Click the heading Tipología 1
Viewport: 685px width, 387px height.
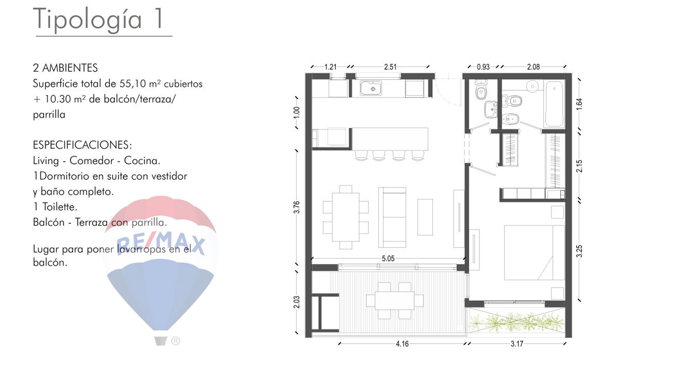click(98, 20)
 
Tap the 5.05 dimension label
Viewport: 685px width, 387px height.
click(388, 259)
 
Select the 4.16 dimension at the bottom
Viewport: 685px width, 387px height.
click(402, 344)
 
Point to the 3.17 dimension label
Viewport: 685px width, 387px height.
click(517, 344)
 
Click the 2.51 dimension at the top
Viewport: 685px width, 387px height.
click(390, 67)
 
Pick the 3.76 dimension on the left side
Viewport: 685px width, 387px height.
click(296, 207)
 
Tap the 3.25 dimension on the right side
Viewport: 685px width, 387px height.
click(579, 251)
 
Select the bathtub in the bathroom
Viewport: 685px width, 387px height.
click(554, 104)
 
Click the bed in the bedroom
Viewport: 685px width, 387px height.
click(534, 253)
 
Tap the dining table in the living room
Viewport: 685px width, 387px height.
click(345, 217)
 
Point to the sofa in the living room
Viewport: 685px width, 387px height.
click(392, 217)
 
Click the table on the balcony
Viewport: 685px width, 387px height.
click(395, 301)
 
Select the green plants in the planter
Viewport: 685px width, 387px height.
click(517, 322)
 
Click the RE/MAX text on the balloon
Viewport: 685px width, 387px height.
click(161, 244)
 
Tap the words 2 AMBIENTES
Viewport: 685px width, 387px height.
click(65, 68)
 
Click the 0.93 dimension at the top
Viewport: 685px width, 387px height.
click(483, 67)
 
